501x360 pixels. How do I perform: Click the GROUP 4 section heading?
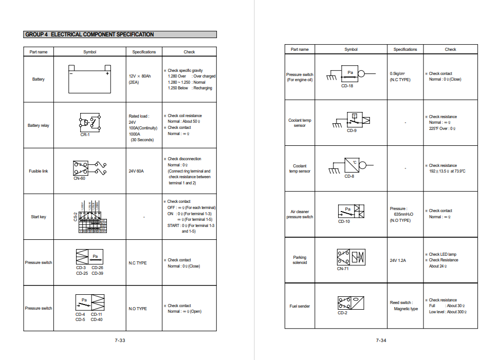89,34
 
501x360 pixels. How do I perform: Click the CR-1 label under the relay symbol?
85,135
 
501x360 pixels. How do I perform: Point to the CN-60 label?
80,178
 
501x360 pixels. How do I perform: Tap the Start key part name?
39,217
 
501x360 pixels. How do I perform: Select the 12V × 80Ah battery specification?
141,76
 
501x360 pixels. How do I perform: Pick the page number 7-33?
120,340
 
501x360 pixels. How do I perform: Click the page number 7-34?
381,340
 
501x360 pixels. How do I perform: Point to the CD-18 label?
347,86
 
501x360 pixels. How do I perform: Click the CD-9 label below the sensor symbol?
351,131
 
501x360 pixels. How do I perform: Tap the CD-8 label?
349,176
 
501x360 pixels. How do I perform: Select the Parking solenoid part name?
300,260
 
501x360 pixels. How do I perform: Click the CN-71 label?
343,269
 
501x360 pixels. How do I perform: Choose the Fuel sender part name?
300,306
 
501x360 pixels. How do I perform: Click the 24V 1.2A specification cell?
398,260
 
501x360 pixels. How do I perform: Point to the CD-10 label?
344,221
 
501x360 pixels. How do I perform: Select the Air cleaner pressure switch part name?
300,214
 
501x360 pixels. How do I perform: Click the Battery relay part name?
39,125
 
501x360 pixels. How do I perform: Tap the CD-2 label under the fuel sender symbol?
342,313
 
